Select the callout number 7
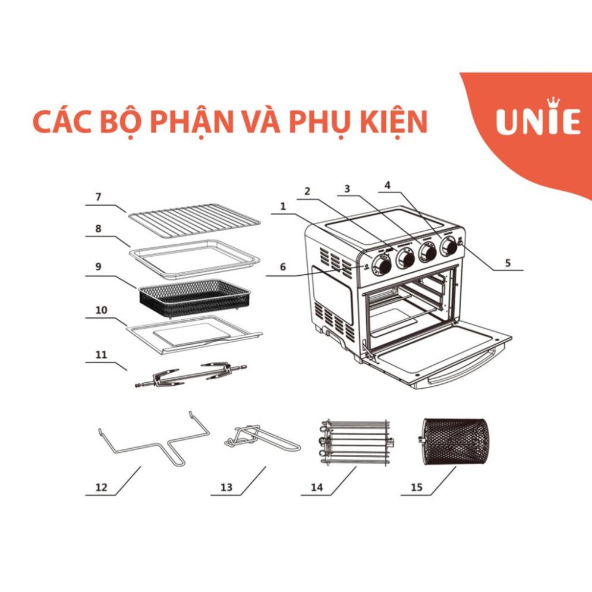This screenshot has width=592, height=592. (99, 197)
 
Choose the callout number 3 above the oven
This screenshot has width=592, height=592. (347, 189)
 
